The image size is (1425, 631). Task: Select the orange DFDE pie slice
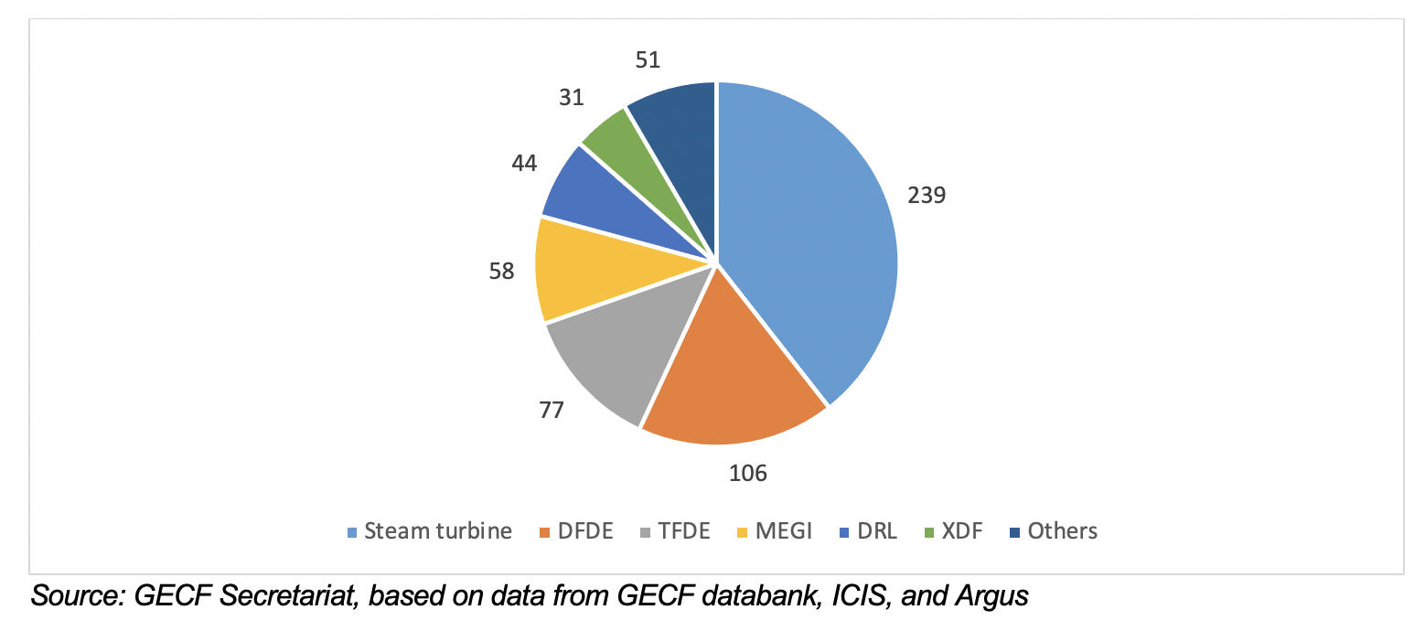point(732,375)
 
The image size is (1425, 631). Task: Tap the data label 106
point(747,473)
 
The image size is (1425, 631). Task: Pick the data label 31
point(572,97)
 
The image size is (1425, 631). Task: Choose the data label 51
point(647,60)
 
